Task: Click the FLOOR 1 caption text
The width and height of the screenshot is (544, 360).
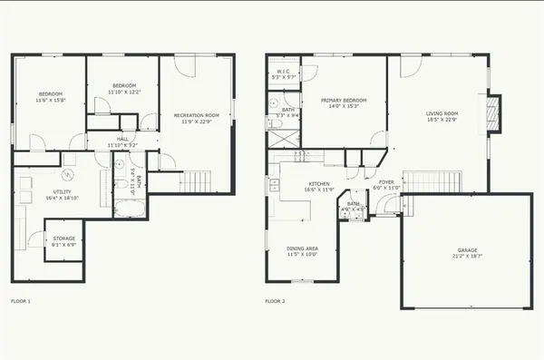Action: (x=20, y=300)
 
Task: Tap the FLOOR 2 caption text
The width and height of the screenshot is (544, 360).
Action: (x=275, y=300)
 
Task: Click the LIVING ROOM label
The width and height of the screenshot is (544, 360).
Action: (x=442, y=113)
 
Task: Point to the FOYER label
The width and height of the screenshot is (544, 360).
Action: (x=386, y=181)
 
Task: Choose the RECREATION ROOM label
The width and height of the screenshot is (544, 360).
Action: (x=197, y=115)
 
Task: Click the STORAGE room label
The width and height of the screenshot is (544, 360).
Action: (x=63, y=239)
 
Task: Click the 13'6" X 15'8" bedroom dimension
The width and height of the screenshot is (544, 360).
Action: (x=49, y=100)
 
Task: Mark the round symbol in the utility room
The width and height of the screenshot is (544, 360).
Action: (x=67, y=175)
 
